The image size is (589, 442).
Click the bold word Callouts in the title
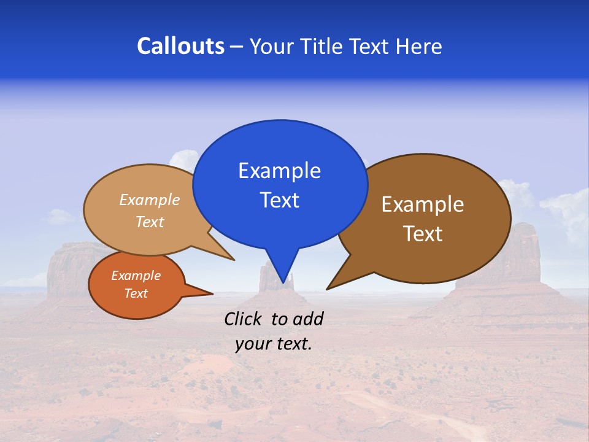pyautogui.click(x=180, y=46)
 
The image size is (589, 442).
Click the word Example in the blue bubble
pyautogui.click(x=279, y=171)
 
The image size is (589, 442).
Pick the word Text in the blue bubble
pyautogui.click(x=279, y=200)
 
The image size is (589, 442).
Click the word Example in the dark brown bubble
pyautogui.click(x=423, y=204)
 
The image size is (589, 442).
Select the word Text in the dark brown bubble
pyautogui.click(x=423, y=234)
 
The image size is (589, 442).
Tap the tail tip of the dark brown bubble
pyautogui.click(x=328, y=289)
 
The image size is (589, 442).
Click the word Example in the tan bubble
pyautogui.click(x=150, y=200)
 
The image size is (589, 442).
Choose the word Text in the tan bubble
pyautogui.click(x=150, y=222)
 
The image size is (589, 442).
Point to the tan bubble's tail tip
pyautogui.click(x=234, y=260)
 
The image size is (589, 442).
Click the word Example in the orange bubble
pyautogui.click(x=136, y=276)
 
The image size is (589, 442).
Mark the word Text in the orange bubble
pyautogui.click(x=136, y=293)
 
